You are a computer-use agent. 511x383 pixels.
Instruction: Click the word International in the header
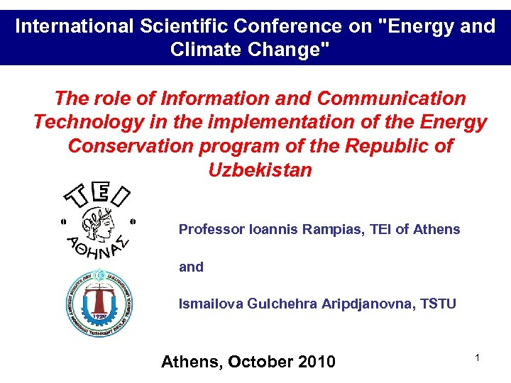click(x=72, y=27)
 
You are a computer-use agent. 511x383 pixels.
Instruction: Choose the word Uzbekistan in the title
click(x=260, y=170)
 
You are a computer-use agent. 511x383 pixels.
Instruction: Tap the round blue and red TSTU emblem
click(x=99, y=304)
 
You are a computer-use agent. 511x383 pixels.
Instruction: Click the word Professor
click(x=211, y=230)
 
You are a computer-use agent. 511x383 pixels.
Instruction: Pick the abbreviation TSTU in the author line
click(x=437, y=304)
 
